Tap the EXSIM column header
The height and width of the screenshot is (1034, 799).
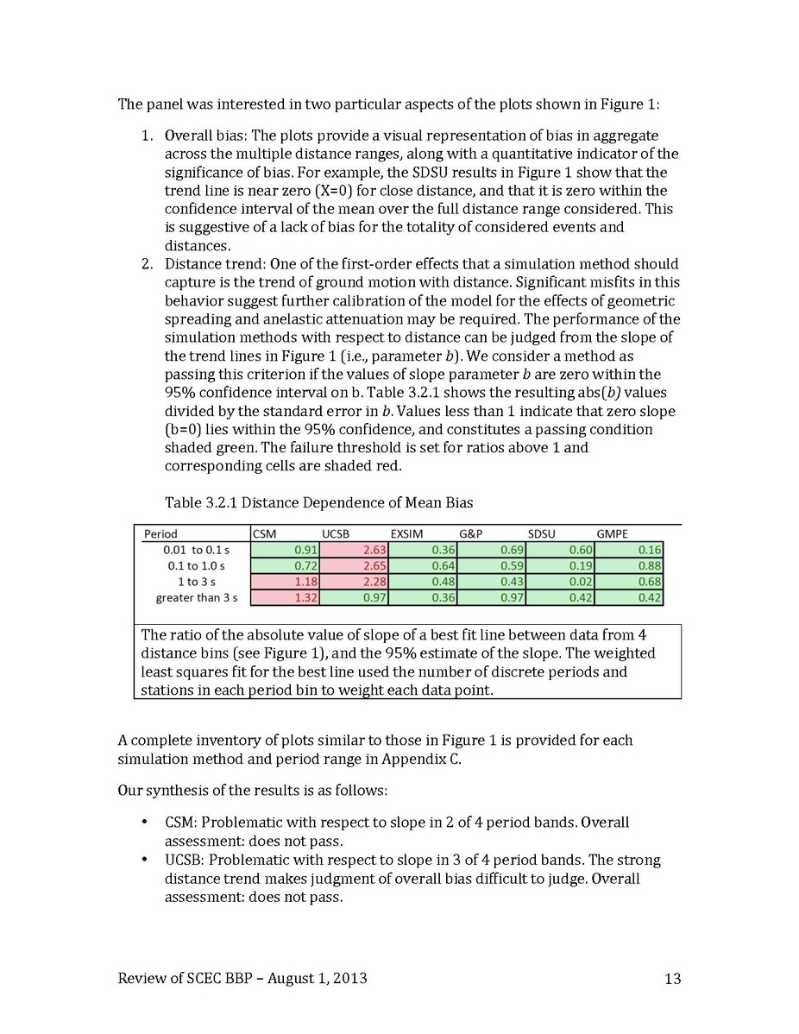pyautogui.click(x=406, y=534)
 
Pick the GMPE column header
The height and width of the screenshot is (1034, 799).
pyautogui.click(x=613, y=534)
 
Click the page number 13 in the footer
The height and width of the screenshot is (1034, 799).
pyautogui.click(x=673, y=979)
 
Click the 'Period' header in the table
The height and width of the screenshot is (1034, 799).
pyautogui.click(x=160, y=534)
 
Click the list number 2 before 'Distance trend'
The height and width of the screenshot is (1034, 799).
pyautogui.click(x=147, y=264)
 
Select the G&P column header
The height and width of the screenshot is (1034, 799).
pyautogui.click(x=471, y=534)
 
